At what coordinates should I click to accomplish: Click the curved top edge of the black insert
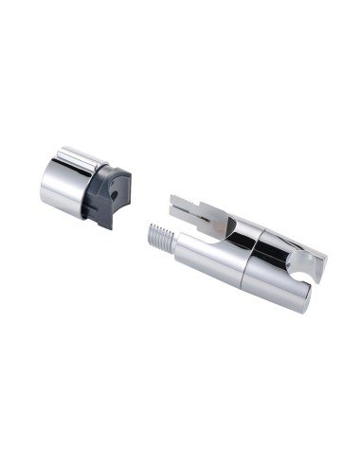[x=116, y=171]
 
